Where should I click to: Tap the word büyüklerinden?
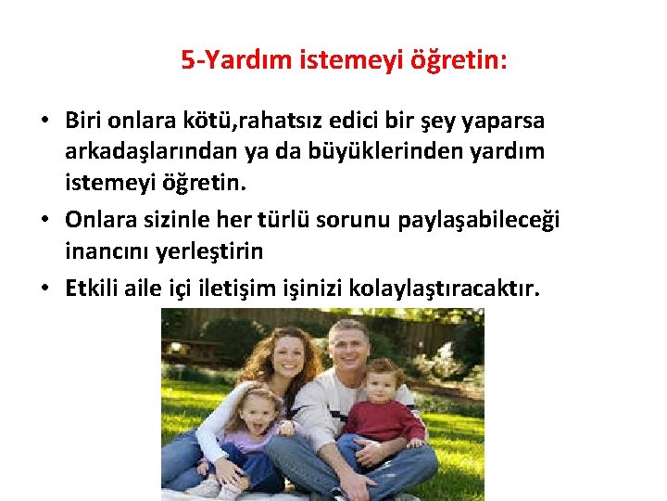(353, 150)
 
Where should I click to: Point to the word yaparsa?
(508, 121)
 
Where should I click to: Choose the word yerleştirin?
(206, 251)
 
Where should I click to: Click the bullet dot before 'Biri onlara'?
(44, 122)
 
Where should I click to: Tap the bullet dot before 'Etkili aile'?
(44, 289)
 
